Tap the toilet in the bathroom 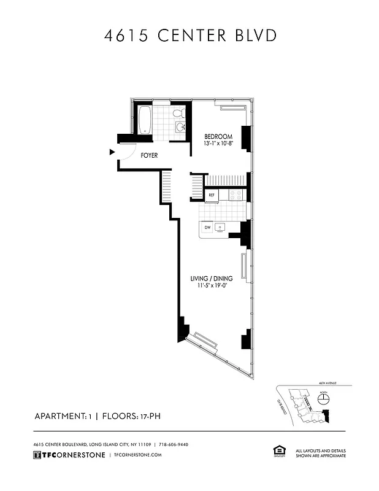pos(178,114)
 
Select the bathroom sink pos(181,127)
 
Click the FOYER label pos(149,155)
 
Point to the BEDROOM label pos(218,136)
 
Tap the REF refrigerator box pos(212,195)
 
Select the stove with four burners pos(236,195)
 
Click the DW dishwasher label pos(207,227)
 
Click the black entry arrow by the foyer pos(112,152)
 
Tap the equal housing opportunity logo pos(275,452)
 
